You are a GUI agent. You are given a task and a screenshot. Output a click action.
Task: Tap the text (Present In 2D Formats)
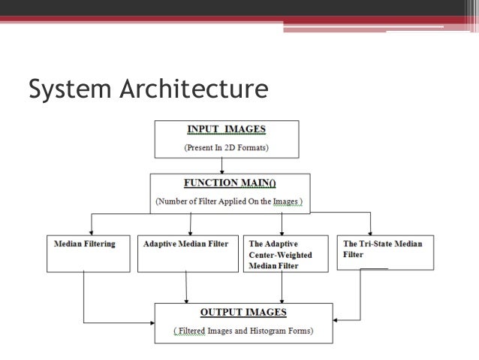227,147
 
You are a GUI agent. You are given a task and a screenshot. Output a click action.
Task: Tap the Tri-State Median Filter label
382,249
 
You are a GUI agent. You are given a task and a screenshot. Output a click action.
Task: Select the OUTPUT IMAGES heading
243,312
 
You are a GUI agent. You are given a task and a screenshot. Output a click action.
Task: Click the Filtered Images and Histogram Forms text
243,331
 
